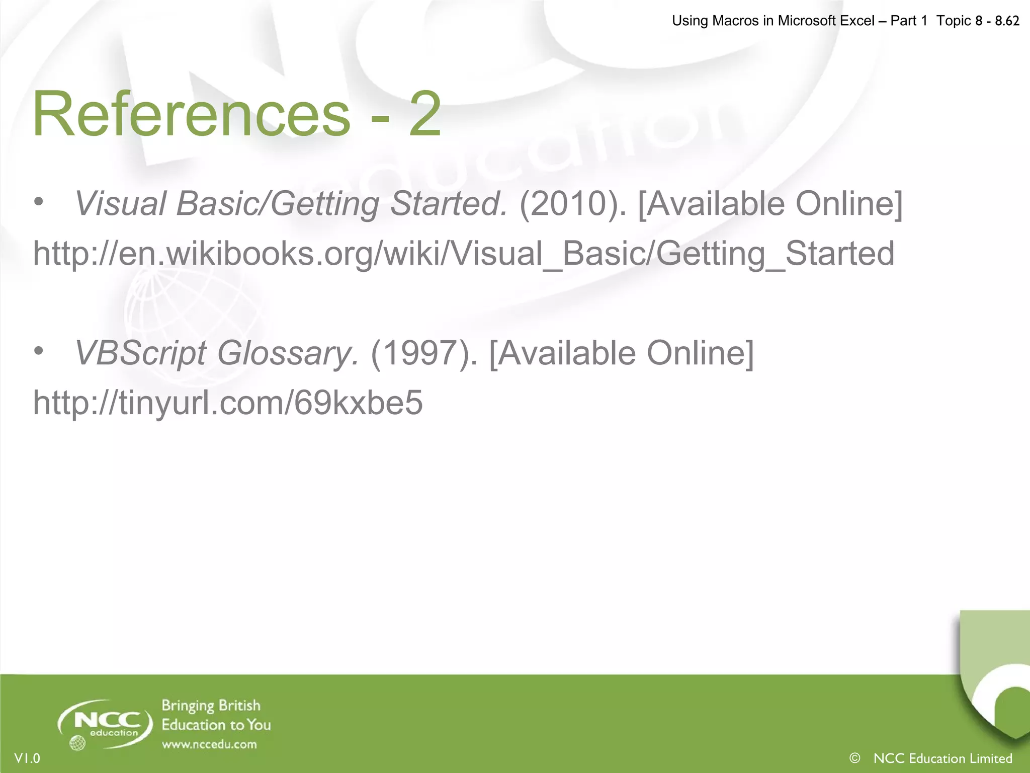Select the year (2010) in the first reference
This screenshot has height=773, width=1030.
tap(573, 204)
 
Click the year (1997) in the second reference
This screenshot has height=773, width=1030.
tap(424, 353)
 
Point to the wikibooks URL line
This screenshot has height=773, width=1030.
tap(463, 253)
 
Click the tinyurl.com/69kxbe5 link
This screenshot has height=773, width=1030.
tap(227, 403)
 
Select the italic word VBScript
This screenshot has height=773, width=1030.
tap(140, 353)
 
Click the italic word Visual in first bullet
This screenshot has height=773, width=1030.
tap(120, 204)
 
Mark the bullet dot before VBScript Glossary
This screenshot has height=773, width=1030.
tap(39, 352)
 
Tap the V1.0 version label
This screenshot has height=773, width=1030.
tap(27, 758)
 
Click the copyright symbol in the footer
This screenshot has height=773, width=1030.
tap(854, 758)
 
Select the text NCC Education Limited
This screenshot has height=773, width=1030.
tap(943, 758)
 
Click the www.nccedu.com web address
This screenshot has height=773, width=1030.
tap(209, 744)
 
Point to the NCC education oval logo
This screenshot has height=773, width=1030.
tap(106, 724)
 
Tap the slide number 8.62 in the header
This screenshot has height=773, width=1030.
tap(1007, 21)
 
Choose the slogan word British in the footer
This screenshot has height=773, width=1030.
tap(239, 706)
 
